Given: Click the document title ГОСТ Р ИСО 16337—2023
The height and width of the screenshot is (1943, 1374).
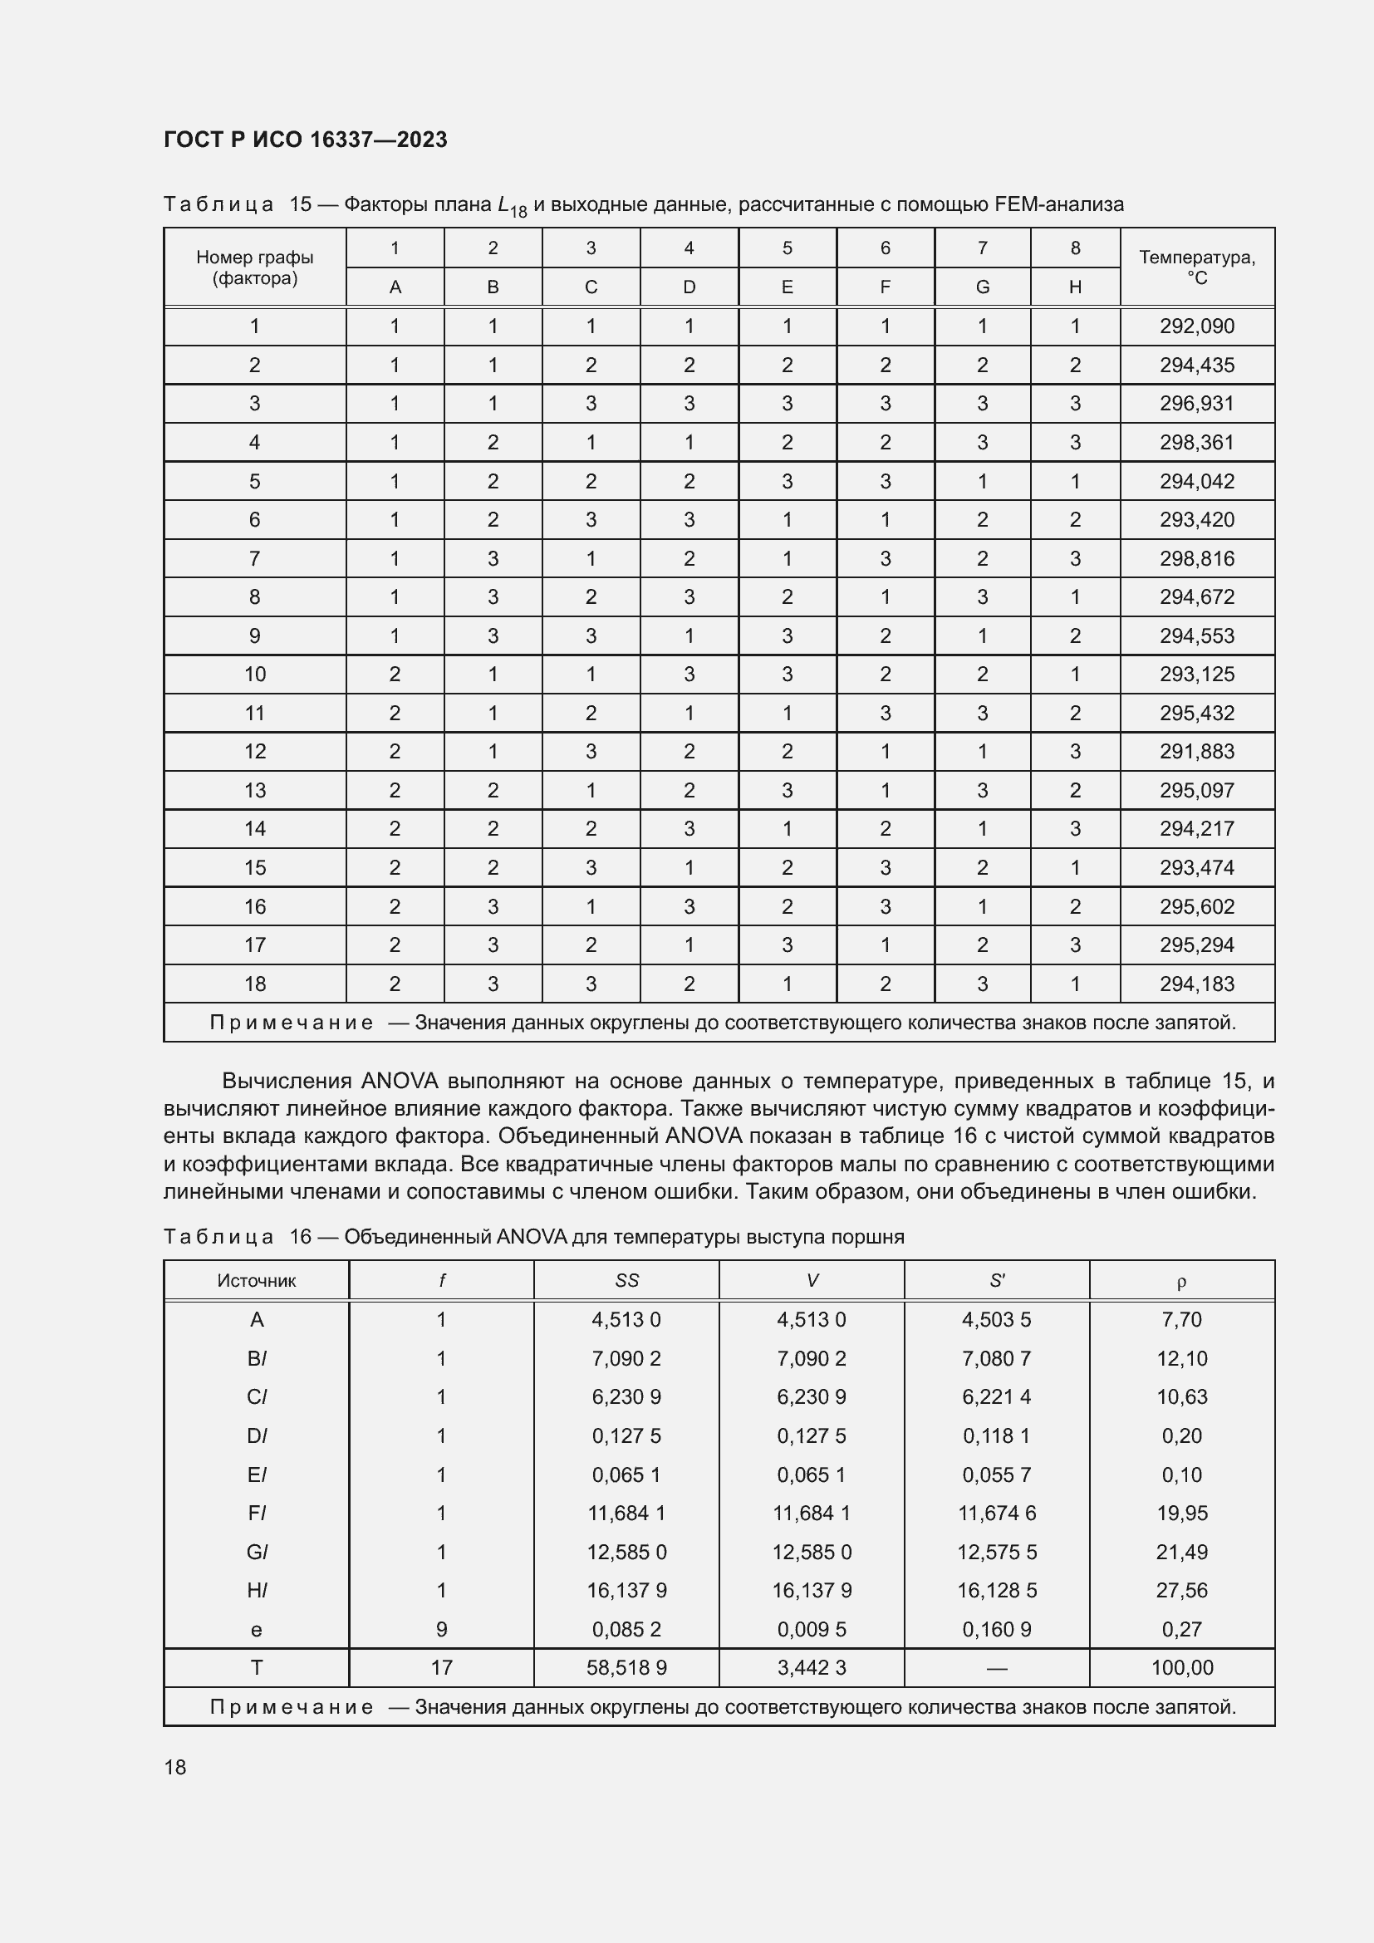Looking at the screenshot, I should (x=306, y=140).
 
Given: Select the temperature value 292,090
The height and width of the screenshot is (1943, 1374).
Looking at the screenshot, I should (x=1196, y=326).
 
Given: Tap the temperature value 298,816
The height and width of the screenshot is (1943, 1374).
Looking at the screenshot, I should (x=1196, y=558).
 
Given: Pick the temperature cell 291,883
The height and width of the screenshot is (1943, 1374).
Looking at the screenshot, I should (x=1196, y=752).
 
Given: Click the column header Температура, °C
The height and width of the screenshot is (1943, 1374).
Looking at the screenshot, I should (x=1196, y=267).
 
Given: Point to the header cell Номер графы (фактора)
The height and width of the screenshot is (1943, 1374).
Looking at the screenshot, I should (x=255, y=267).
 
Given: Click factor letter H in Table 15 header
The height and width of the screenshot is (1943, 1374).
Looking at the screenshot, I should (x=1074, y=287).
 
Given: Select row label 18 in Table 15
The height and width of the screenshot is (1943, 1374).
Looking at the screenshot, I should (x=255, y=984).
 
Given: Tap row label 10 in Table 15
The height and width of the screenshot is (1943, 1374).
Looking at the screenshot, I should (x=255, y=675).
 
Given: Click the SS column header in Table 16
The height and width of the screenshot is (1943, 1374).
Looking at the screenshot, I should (x=626, y=1280).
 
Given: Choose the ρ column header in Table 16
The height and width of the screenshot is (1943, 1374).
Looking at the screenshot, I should (x=1181, y=1281).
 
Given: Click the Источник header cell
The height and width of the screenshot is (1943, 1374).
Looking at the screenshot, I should (x=257, y=1280).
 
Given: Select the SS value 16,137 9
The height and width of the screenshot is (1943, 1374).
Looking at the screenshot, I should (x=626, y=1590).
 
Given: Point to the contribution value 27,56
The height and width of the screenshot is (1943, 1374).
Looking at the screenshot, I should (x=1181, y=1590).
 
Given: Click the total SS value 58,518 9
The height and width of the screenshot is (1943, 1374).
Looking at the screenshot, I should (x=626, y=1667).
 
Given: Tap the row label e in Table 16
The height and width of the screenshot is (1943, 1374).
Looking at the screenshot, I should (x=257, y=1629).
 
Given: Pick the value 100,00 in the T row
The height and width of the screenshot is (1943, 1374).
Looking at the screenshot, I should (x=1181, y=1667).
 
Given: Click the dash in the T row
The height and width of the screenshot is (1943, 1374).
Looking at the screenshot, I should (x=997, y=1668).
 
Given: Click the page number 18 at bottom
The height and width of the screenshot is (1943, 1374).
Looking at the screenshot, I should (x=175, y=1767).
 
